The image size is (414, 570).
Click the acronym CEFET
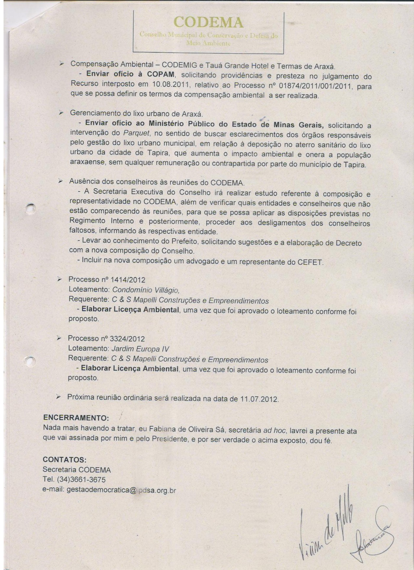[310, 262]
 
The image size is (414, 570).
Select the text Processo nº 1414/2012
[107, 280]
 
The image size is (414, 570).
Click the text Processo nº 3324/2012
[106, 339]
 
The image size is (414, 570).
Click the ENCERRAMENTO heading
[76, 418]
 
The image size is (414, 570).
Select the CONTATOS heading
[65, 460]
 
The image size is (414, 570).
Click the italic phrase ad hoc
[274, 431]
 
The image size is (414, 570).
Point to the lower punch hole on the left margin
[30, 361]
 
